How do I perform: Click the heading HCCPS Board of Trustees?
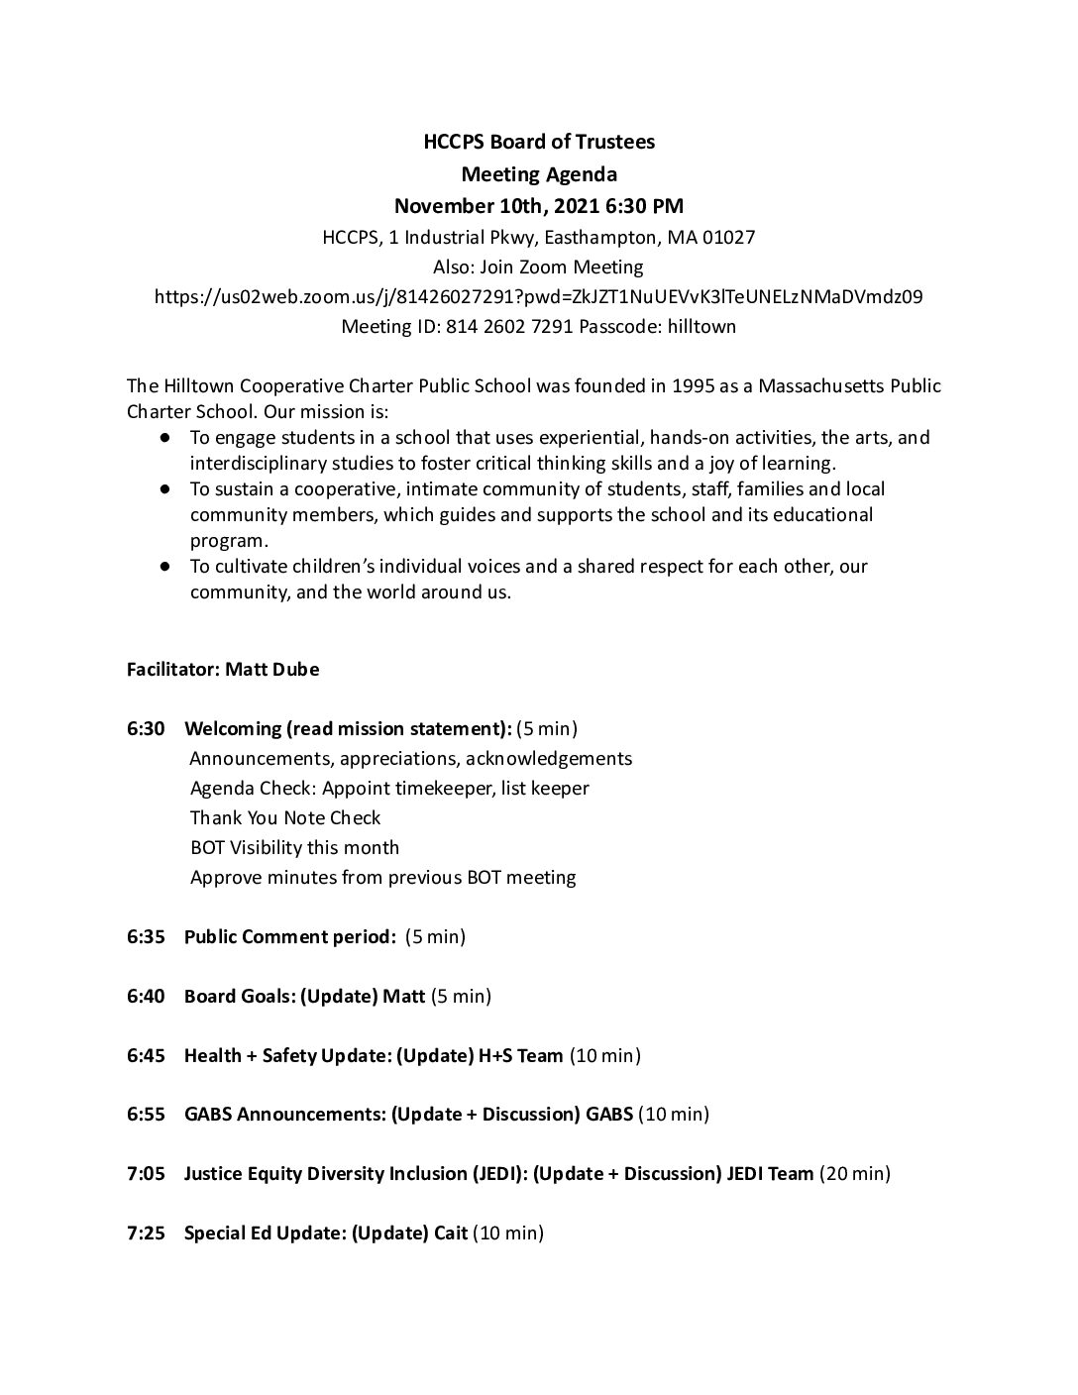pos(539,142)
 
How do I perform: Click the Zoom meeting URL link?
pos(539,296)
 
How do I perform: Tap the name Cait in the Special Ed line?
pos(451,1234)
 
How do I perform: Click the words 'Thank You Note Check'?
pos(285,817)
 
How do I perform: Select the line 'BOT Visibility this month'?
pos(294,847)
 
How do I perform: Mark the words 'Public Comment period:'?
pos(290,936)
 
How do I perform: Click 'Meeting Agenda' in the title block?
pos(539,174)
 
